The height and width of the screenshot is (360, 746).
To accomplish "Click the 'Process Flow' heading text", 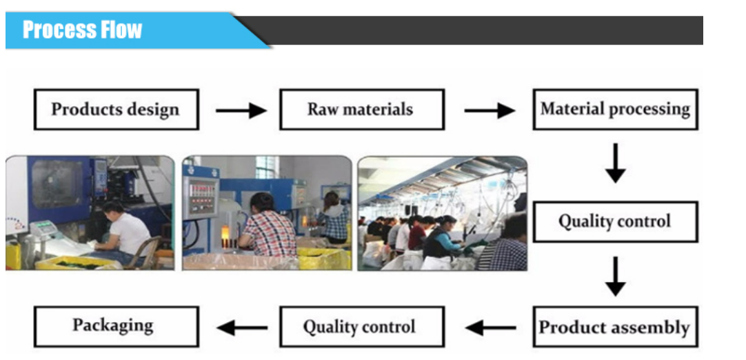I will click(82, 30).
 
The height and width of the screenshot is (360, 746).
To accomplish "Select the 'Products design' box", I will click(116, 109).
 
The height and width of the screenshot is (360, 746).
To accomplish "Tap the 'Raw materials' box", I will click(361, 109).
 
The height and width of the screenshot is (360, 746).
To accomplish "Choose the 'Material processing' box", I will click(615, 109).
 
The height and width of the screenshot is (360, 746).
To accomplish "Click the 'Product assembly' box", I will click(615, 327).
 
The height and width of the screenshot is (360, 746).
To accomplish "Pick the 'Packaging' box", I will click(116, 326).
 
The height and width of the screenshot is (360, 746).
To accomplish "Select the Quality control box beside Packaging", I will click(361, 326).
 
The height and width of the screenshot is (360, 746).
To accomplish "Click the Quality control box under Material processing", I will click(615, 221).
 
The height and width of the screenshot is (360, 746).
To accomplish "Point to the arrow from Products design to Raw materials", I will click(241, 110).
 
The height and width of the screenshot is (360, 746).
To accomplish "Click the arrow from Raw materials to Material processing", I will click(489, 110).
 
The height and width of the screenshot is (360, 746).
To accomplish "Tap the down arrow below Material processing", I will click(615, 163).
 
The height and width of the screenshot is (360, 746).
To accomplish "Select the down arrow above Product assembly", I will click(615, 276).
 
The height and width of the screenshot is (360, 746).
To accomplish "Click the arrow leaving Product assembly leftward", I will click(490, 328).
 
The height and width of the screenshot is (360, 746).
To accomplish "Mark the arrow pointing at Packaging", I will click(242, 328).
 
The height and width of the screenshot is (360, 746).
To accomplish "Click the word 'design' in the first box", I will click(153, 110).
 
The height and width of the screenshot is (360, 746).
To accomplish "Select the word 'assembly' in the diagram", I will click(650, 328).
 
